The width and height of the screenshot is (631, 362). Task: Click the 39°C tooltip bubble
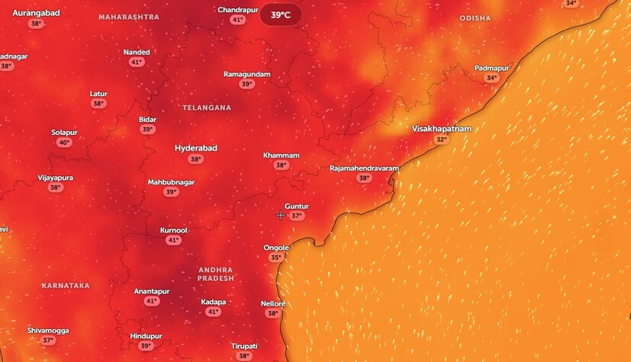pyautogui.click(x=280, y=15)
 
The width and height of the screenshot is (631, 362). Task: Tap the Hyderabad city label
pyautogui.click(x=196, y=148)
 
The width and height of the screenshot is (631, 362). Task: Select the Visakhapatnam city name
pyautogui.click(x=441, y=129)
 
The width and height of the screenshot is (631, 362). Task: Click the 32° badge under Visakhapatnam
pyautogui.click(x=441, y=139)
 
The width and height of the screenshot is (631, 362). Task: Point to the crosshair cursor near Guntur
pyautogui.click(x=281, y=216)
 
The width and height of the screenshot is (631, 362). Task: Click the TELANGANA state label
pyautogui.click(x=206, y=108)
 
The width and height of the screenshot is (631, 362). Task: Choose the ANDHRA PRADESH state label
pyautogui.click(x=216, y=274)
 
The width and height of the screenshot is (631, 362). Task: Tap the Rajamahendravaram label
pyautogui.click(x=364, y=168)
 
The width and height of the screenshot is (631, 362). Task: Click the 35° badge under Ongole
pyautogui.click(x=276, y=258)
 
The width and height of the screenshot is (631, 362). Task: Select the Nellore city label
pyautogui.click(x=272, y=303)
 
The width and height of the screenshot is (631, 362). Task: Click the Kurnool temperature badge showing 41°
pyautogui.click(x=173, y=240)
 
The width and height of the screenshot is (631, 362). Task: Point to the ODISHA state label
pyautogui.click(x=475, y=18)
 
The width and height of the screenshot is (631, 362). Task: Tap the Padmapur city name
pyautogui.click(x=491, y=68)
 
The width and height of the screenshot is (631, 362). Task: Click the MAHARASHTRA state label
pyautogui.click(x=129, y=17)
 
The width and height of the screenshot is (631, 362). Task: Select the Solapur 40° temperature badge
pyautogui.click(x=64, y=143)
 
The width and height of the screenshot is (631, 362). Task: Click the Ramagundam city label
pyautogui.click(x=246, y=74)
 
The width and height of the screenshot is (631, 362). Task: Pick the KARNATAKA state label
pyautogui.click(x=66, y=286)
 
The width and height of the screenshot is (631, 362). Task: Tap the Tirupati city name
pyautogui.click(x=244, y=346)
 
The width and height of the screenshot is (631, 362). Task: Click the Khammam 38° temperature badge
pyautogui.click(x=281, y=165)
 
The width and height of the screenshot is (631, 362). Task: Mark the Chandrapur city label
pyautogui.click(x=237, y=10)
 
